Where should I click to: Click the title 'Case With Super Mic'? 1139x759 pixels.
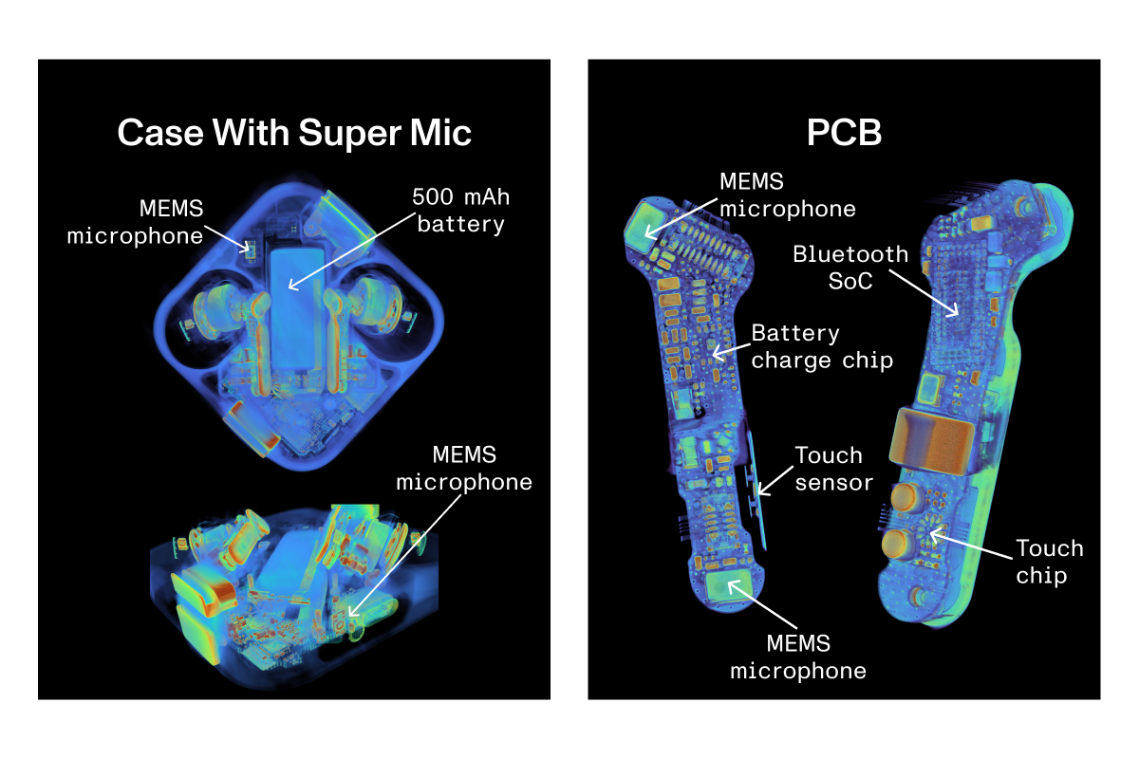pyautogui.click(x=294, y=134)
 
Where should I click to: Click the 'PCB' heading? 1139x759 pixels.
pyautogui.click(x=844, y=134)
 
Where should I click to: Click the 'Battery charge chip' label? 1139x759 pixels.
pyautogui.click(x=822, y=347)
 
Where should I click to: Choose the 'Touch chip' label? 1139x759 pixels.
pyautogui.click(x=1049, y=562)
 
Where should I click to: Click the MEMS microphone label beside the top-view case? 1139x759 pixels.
pyautogui.click(x=135, y=222)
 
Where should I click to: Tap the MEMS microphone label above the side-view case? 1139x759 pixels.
pyautogui.click(x=463, y=468)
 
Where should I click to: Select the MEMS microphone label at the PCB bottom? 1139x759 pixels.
pyautogui.click(x=797, y=657)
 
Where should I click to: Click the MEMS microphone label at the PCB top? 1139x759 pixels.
pyautogui.click(x=787, y=194)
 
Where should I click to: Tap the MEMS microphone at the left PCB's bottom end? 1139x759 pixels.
pyautogui.click(x=729, y=585)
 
